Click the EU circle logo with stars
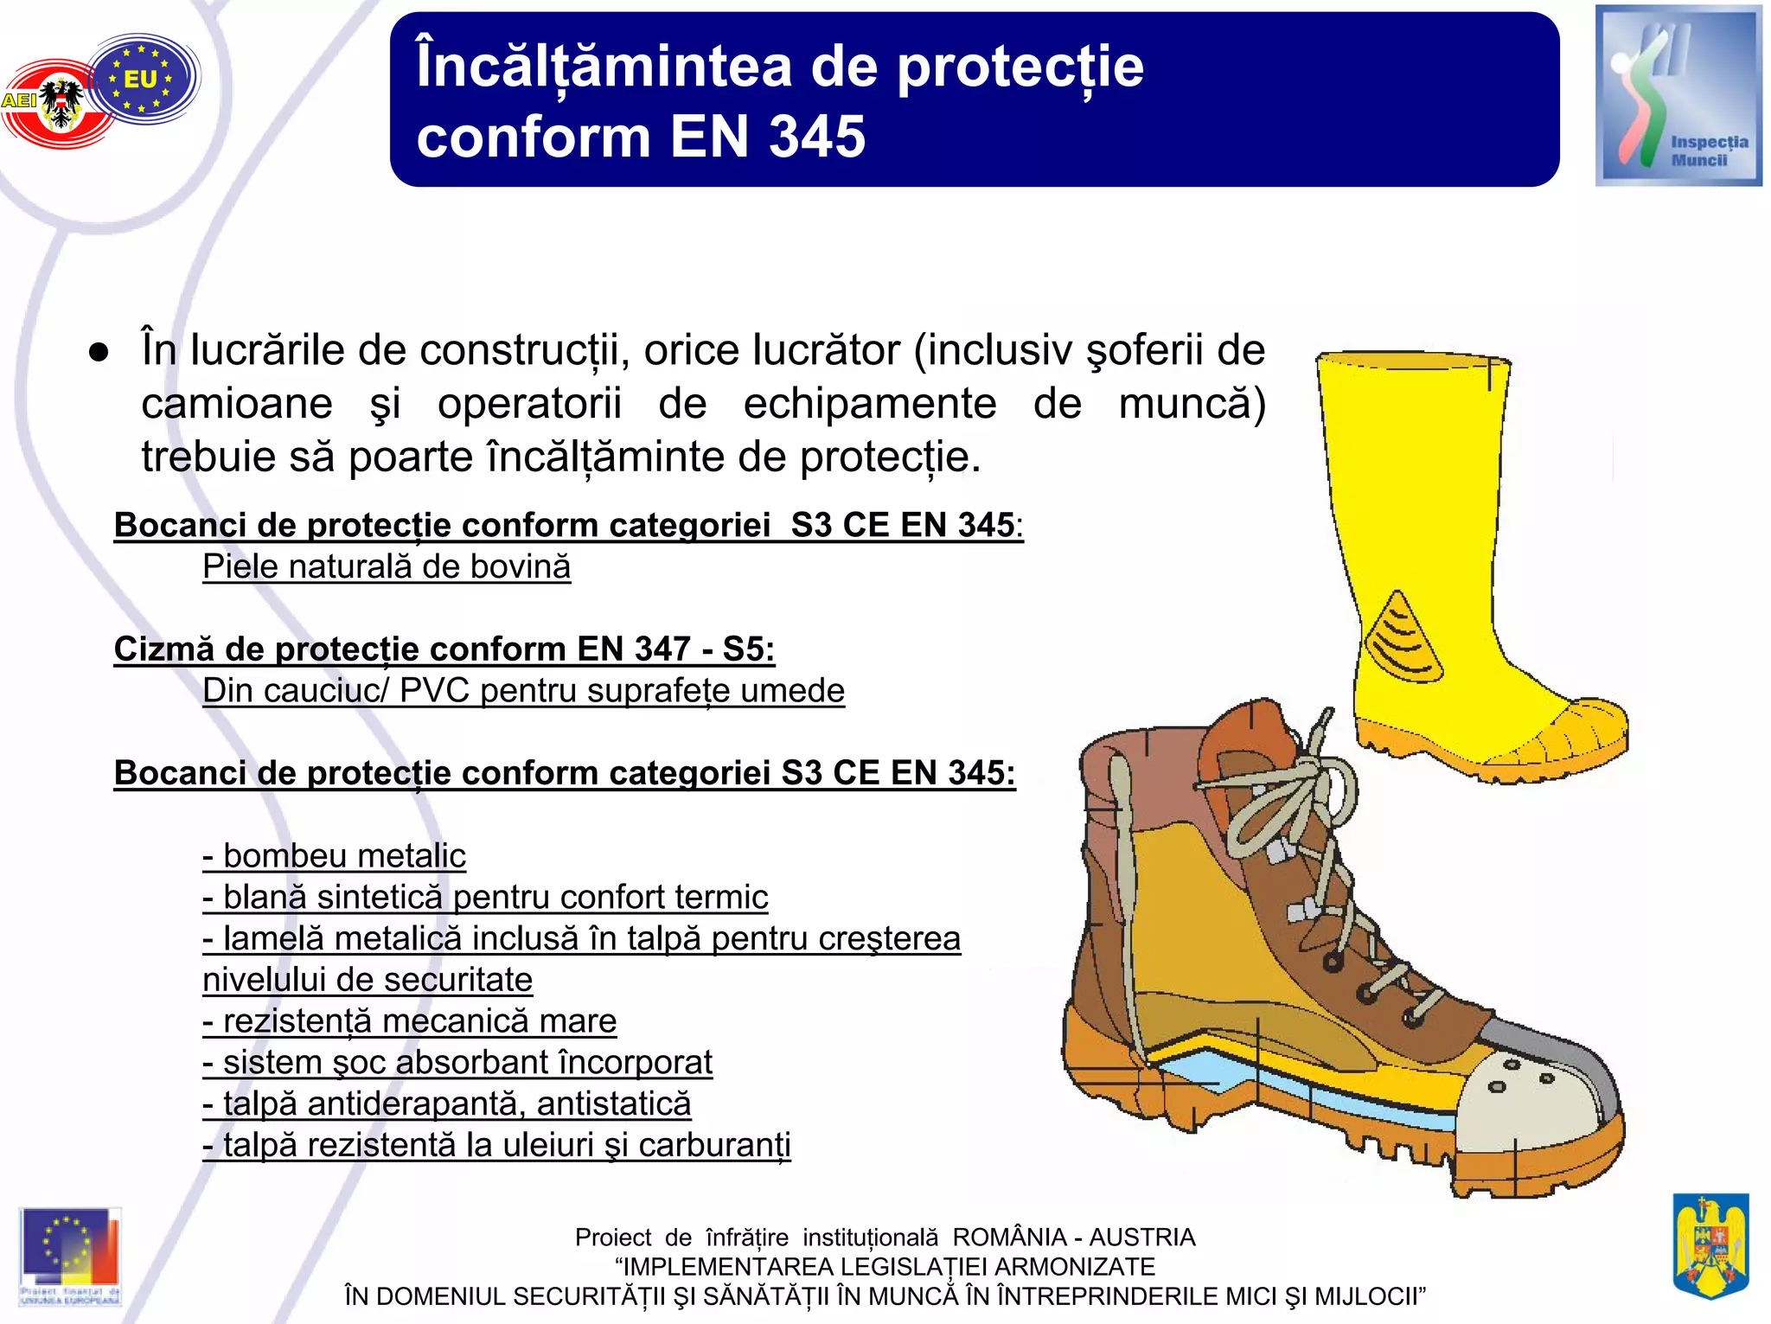[x=142, y=79]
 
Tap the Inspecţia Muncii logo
[x=1678, y=96]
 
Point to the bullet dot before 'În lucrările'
[x=99, y=352]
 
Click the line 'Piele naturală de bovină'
[x=387, y=567]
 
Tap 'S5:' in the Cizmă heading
[x=748, y=649]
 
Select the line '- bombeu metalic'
[x=335, y=855]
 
